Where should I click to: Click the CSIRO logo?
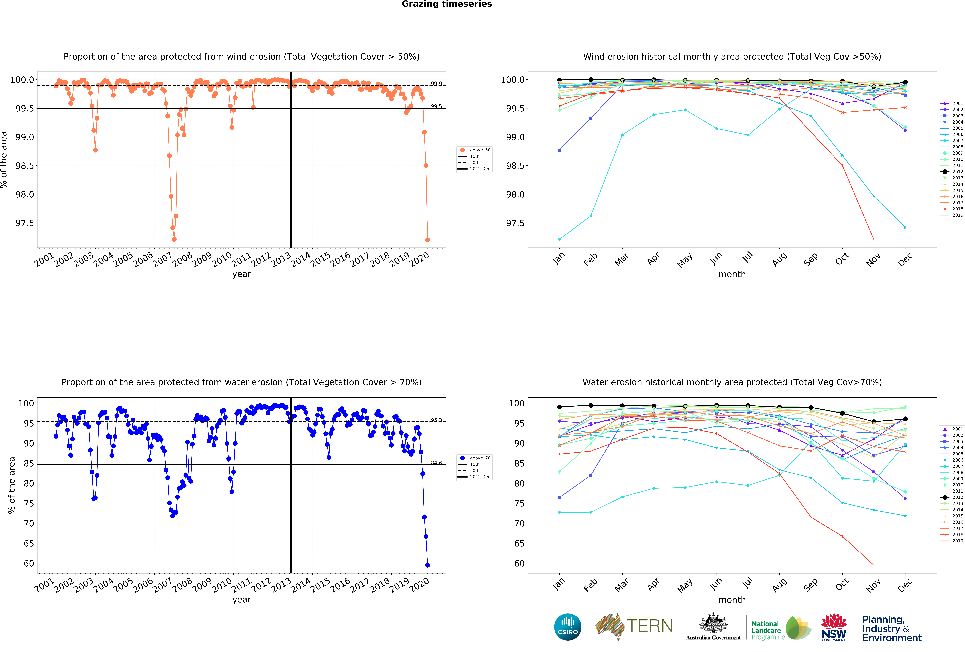tap(568, 627)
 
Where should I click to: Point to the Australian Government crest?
tap(713, 623)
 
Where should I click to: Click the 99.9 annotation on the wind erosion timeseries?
tap(436, 84)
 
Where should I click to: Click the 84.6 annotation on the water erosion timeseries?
tap(436, 463)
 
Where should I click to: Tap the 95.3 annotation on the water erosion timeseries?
tap(436, 420)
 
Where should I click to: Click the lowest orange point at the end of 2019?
tap(427, 240)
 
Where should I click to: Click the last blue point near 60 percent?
tap(427, 565)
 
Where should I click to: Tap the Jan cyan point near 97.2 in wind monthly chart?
tap(559, 239)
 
